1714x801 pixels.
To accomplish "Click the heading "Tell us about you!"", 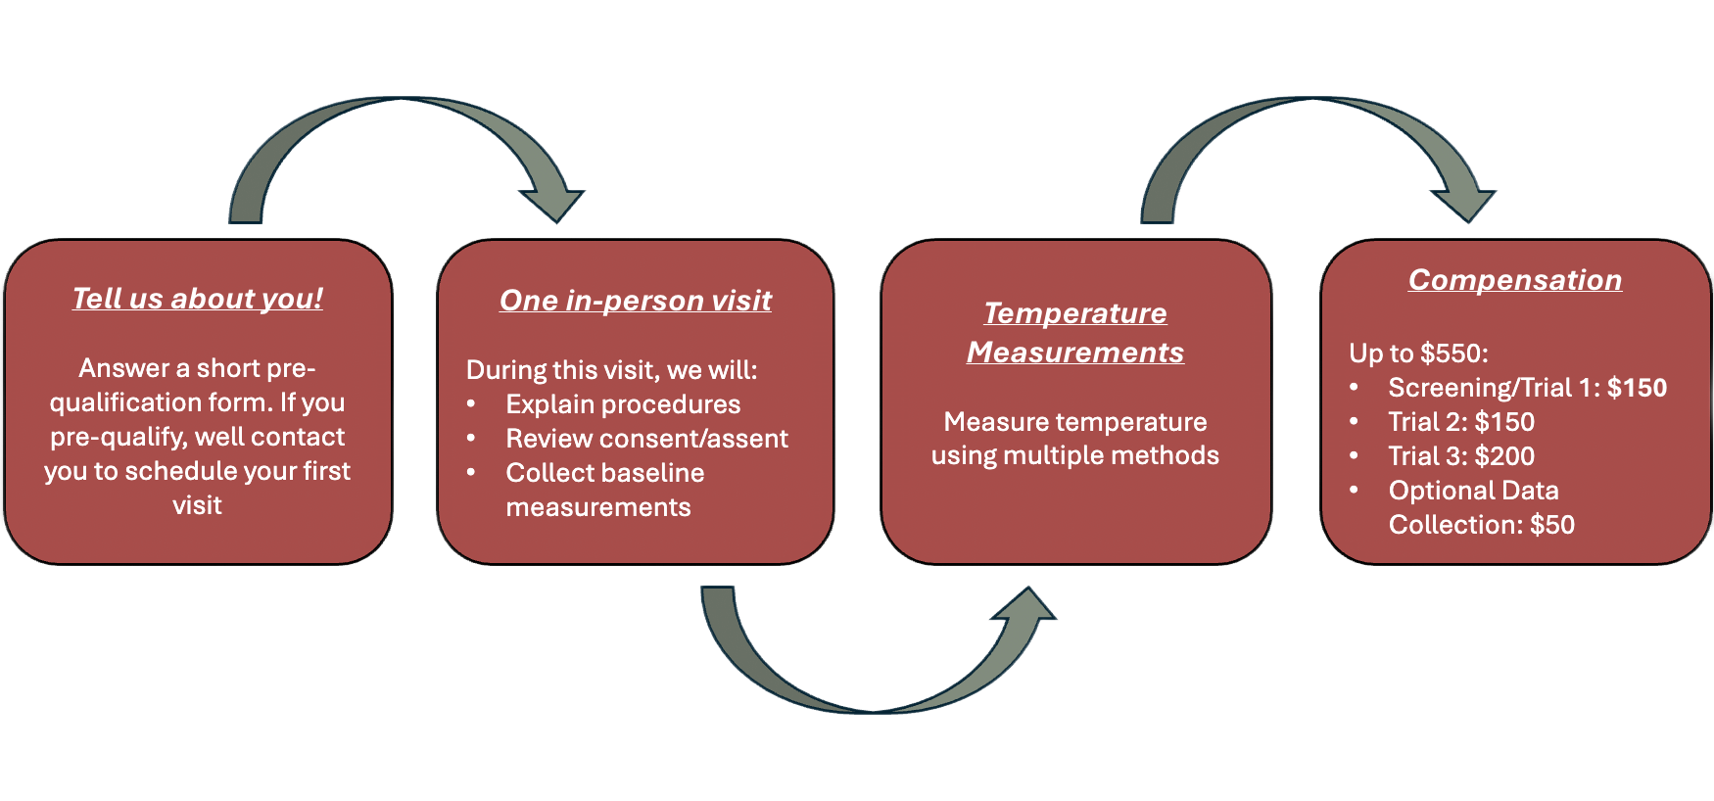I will click(x=198, y=299).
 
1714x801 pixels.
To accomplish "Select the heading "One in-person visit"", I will click(x=636, y=301).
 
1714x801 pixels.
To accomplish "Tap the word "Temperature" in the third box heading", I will click(x=1075, y=313).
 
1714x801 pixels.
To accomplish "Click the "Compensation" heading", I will click(x=1514, y=280).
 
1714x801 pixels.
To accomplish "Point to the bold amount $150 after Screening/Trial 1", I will click(x=1637, y=388).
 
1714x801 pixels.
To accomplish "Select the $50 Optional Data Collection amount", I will click(x=1552, y=525).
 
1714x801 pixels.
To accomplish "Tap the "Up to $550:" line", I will click(x=1418, y=353).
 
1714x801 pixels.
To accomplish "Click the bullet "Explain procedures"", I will click(x=623, y=404).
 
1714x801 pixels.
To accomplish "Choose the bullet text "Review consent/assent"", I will click(x=646, y=439).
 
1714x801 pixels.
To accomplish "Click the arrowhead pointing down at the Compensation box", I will click(x=1465, y=203).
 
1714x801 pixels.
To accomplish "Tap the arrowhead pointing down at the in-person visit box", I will click(x=554, y=203).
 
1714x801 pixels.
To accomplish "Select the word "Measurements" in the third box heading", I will click(x=1075, y=353).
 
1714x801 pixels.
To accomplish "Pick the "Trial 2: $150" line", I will click(x=1461, y=422).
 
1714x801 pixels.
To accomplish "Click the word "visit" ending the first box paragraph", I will click(x=198, y=505).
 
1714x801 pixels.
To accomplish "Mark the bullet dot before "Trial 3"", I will click(x=1355, y=456).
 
